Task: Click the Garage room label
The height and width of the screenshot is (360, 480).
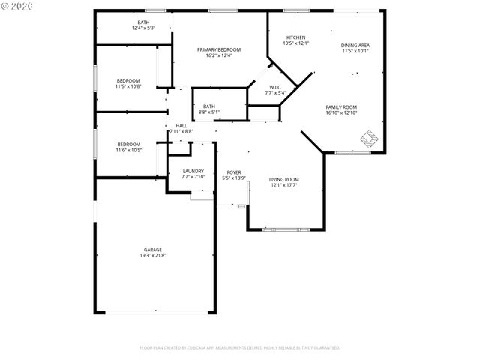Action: [153, 250]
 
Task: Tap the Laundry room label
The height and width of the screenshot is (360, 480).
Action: [193, 171]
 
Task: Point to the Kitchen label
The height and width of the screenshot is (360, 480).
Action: [295, 37]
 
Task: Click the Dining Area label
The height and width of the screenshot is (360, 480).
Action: [355, 46]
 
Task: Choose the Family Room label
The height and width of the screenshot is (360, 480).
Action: [341, 107]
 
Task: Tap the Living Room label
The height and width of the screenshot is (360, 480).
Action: [284, 179]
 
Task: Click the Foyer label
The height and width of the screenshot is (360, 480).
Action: [234, 172]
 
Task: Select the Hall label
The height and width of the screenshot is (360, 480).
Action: [181, 125]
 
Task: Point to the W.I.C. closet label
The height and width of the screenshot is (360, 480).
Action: [275, 87]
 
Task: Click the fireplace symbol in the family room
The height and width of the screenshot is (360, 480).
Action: [369, 138]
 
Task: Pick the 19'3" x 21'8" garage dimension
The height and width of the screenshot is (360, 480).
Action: [153, 256]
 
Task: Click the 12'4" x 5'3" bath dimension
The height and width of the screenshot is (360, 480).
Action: [143, 28]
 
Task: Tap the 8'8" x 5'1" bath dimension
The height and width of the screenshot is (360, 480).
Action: [209, 112]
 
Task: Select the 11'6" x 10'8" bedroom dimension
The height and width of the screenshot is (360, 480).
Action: [128, 86]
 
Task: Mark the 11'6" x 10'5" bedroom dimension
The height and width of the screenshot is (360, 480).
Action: [128, 150]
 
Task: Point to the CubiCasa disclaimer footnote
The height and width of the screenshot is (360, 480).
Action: [239, 347]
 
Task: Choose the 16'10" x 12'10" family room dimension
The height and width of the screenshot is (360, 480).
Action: [341, 113]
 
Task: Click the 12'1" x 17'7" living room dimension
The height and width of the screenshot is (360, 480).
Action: [284, 185]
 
